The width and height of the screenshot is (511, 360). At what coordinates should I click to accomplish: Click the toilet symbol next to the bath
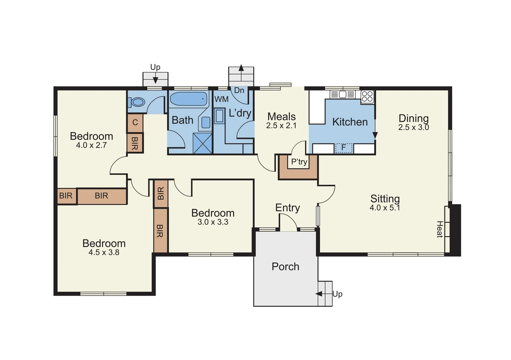coord(137,102)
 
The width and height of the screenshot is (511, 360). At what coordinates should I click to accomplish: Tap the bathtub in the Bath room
coord(189,99)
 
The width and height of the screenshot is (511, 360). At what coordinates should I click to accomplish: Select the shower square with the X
coord(203,143)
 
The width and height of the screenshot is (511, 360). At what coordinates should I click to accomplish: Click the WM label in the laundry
coord(221,99)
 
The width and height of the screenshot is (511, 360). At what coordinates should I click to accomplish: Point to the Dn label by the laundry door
coord(239,90)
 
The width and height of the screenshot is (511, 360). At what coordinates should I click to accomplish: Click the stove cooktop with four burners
coord(367,97)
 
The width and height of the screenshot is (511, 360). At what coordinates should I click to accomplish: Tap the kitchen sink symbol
coord(342,94)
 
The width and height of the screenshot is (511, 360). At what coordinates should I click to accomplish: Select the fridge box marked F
coord(344,148)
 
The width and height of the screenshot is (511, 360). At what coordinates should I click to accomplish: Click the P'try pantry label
coord(299,162)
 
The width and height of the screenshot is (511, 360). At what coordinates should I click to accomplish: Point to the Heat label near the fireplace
coord(440,229)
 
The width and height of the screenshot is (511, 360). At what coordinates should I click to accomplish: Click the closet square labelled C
coord(135,123)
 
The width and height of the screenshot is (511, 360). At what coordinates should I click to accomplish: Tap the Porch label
coord(285,267)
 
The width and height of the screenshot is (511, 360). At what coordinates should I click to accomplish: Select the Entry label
coord(287,208)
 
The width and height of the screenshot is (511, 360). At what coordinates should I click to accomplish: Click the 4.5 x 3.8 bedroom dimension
coord(104,253)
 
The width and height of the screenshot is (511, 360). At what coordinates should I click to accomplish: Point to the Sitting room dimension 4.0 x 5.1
coord(385,208)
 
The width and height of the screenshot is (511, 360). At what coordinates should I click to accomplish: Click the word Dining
coord(413,118)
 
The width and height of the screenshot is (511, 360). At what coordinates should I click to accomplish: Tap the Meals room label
coord(281,117)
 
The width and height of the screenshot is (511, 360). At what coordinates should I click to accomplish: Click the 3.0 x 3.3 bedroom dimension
coord(213,222)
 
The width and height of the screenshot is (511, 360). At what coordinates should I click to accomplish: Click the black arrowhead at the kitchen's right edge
coord(375,135)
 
